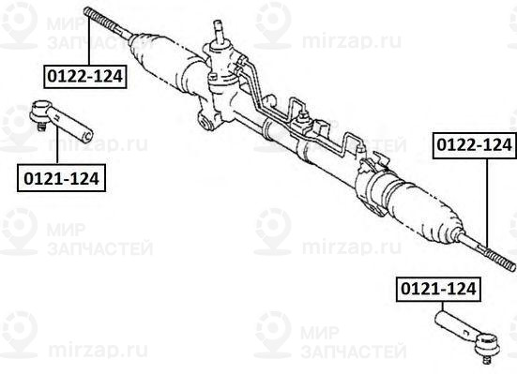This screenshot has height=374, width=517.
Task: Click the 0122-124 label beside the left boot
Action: click(x=84, y=76)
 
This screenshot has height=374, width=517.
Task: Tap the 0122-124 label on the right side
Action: click(x=473, y=145)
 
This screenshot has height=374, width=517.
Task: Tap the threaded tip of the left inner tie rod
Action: click(x=91, y=12)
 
